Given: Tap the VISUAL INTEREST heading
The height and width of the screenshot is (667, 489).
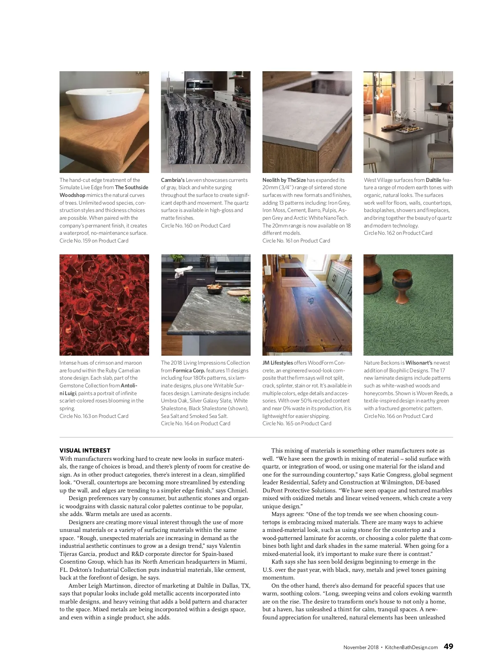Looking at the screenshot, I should click(x=85, y=450).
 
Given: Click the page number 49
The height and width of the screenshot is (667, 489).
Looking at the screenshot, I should click(x=448, y=646).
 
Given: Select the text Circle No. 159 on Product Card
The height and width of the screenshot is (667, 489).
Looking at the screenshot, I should click(x=94, y=241).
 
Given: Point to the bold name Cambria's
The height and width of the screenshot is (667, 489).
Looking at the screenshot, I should click(x=173, y=180).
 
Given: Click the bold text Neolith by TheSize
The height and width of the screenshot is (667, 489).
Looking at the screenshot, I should click(x=284, y=180).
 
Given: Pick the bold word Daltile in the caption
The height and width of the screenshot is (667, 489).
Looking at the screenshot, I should click(x=434, y=180).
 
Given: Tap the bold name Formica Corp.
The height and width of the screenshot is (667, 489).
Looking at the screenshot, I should click(x=189, y=370).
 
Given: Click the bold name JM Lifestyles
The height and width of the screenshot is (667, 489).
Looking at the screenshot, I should click(x=278, y=363).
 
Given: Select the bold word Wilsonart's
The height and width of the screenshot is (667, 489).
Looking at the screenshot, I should click(x=419, y=363).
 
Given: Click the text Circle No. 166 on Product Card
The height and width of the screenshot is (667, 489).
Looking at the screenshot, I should click(x=398, y=416).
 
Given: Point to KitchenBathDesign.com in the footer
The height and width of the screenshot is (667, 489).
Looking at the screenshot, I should click(x=412, y=647).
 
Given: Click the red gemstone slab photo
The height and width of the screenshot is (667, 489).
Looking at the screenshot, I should click(x=104, y=305).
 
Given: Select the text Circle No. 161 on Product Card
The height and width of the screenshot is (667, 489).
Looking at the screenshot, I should click(x=296, y=241).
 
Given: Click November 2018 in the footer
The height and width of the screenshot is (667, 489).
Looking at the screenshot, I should click(x=361, y=647).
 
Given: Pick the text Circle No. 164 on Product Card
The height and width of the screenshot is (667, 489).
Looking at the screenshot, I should click(x=196, y=423).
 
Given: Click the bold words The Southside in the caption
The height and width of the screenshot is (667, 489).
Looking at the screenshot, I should click(x=132, y=188).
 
